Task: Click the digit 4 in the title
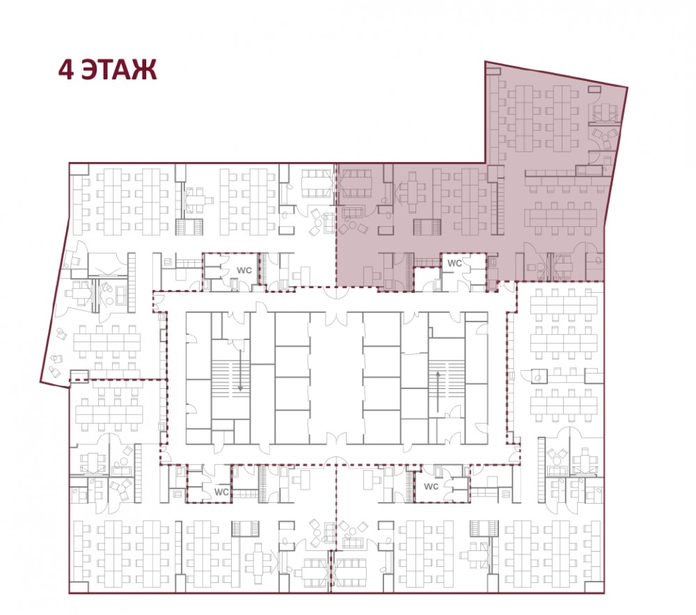tap(65, 70)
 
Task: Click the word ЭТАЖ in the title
tap(120, 70)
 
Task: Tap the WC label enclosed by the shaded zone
tap(454, 263)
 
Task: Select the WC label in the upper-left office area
tap(244, 270)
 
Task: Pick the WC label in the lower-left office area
tap(221, 492)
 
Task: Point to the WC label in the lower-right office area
tap(431, 486)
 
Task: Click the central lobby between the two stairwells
tap(336, 378)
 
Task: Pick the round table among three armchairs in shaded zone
tap(352, 225)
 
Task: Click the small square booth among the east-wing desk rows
tap(539, 376)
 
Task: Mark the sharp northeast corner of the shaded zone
tap(627, 87)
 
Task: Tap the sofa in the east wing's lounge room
tap(555, 471)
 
